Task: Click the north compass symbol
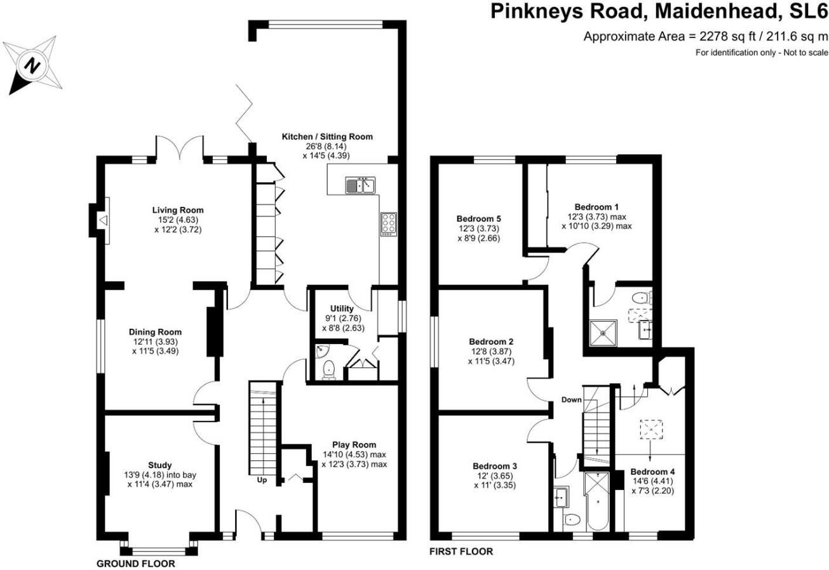pyautogui.click(x=32, y=65)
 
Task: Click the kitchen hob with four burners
pyautogui.click(x=388, y=224)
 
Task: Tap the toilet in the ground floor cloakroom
pyautogui.click(x=328, y=369)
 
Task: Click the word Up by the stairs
pyautogui.click(x=262, y=481)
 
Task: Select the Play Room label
pyautogui.click(x=354, y=444)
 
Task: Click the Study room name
pyautogui.click(x=159, y=465)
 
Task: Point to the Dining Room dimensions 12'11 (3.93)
pyautogui.click(x=155, y=341)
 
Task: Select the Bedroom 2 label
pyautogui.click(x=487, y=341)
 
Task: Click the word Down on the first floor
pyautogui.click(x=571, y=400)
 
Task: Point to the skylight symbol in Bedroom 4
pyautogui.click(x=649, y=430)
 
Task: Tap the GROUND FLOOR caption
pyautogui.click(x=135, y=564)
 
